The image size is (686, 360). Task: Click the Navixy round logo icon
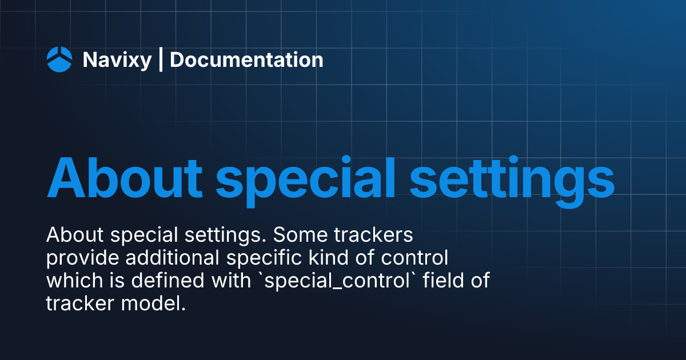point(59,59)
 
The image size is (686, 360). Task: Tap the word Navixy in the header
point(117,60)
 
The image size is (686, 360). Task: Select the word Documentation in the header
point(246,60)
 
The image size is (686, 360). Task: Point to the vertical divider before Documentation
point(161,60)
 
